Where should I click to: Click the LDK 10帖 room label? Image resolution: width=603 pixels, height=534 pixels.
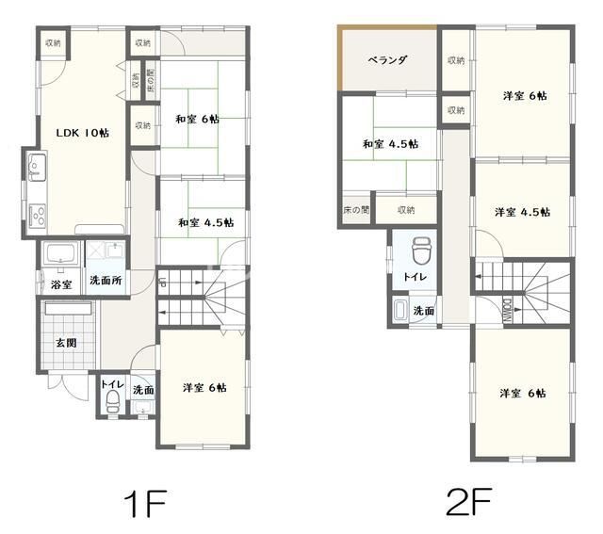click(83, 133)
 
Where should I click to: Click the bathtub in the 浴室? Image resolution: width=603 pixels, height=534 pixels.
click(60, 253)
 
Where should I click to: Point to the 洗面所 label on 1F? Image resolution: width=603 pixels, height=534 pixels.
click(106, 280)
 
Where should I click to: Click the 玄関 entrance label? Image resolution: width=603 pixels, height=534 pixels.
click(67, 343)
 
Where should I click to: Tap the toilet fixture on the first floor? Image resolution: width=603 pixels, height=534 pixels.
click(112, 402)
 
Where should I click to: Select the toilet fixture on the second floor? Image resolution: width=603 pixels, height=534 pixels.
click(421, 251)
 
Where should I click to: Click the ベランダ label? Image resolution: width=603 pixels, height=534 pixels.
click(387, 60)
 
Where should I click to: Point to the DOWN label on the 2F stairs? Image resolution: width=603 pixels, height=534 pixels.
click(507, 310)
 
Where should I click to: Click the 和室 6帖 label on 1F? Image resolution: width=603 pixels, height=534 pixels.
click(197, 120)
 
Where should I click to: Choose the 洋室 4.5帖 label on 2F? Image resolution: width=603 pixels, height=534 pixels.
click(522, 212)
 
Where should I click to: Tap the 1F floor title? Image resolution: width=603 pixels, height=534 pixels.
click(145, 503)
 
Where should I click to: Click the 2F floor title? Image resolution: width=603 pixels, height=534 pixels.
click(469, 501)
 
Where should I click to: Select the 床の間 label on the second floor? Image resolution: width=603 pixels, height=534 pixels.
click(356, 210)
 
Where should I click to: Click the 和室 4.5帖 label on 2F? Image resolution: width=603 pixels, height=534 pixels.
click(390, 144)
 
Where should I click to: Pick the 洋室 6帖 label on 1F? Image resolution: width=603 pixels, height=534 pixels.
click(204, 387)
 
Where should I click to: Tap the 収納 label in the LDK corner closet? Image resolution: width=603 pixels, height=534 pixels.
click(53, 42)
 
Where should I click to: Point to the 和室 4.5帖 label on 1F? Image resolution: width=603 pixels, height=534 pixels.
click(205, 222)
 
